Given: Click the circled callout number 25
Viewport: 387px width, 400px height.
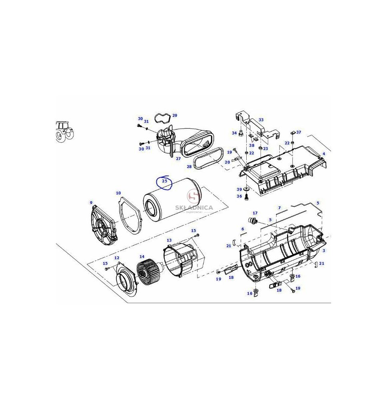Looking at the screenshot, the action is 165,181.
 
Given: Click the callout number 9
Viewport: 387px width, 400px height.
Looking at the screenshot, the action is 91,203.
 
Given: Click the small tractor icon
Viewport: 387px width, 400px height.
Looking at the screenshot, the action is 64,131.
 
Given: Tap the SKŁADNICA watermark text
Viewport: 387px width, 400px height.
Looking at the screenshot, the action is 194,207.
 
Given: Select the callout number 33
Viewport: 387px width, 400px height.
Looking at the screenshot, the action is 261,120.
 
